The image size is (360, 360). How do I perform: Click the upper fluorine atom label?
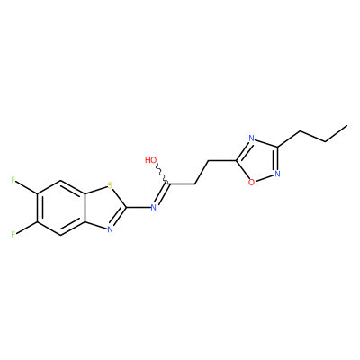pos(13,180)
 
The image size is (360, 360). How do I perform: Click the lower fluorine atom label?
pos(13,234)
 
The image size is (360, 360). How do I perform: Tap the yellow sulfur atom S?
pos(111,185)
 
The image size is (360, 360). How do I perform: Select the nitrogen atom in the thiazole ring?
pos(110,229)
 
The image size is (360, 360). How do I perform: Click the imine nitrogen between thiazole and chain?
pos(153,207)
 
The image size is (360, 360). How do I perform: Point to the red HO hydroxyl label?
pos(151,160)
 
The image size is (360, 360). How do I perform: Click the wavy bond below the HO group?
pos(162,174)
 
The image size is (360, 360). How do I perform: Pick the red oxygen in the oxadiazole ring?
pos(251,182)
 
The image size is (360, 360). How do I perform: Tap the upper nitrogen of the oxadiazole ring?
pos(251,139)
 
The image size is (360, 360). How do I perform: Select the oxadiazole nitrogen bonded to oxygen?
pos(277,174)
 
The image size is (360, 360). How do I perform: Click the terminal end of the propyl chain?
pos(347,125)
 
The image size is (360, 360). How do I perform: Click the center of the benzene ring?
pos(61,207)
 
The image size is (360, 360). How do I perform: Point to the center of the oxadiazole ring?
pos(259,160)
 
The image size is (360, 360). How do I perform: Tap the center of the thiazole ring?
pos(101,207)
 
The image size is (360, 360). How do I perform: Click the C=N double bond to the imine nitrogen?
pos(162,194)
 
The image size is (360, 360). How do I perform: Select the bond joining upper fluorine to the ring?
pos(26,187)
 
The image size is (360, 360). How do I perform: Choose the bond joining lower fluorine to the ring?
pos(26,228)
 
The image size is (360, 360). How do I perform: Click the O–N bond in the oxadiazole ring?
pos(265,178)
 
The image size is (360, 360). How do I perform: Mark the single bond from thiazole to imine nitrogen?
pos(139,207)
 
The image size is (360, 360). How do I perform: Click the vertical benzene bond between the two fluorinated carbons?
pos(38,207)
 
